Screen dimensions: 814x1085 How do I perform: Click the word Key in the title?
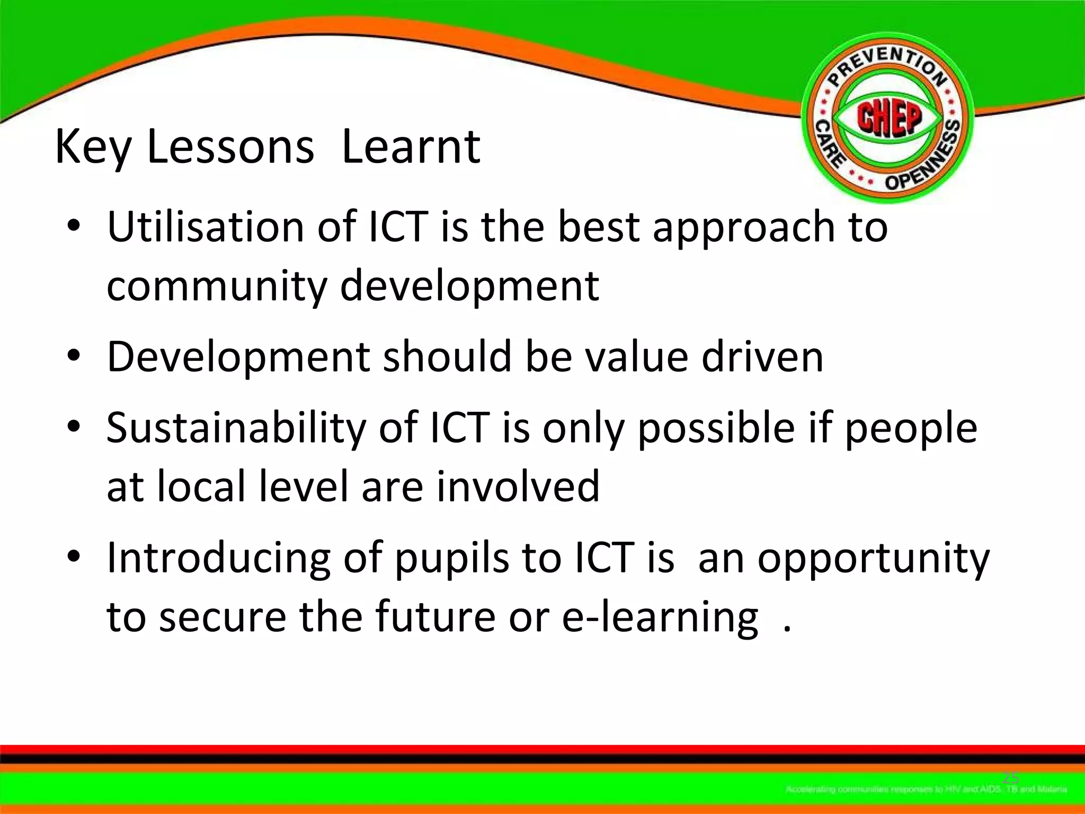tap(92, 148)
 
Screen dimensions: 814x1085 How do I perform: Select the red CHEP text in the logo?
tap(888, 118)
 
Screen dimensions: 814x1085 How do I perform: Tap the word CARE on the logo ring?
tap(828, 143)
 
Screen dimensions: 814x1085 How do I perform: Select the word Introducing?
tap(218, 558)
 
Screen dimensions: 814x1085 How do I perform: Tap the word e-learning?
tap(660, 617)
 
